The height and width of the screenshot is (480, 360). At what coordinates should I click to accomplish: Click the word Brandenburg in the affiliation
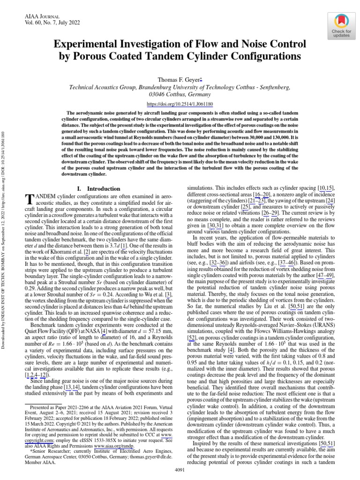click(155, 87)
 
